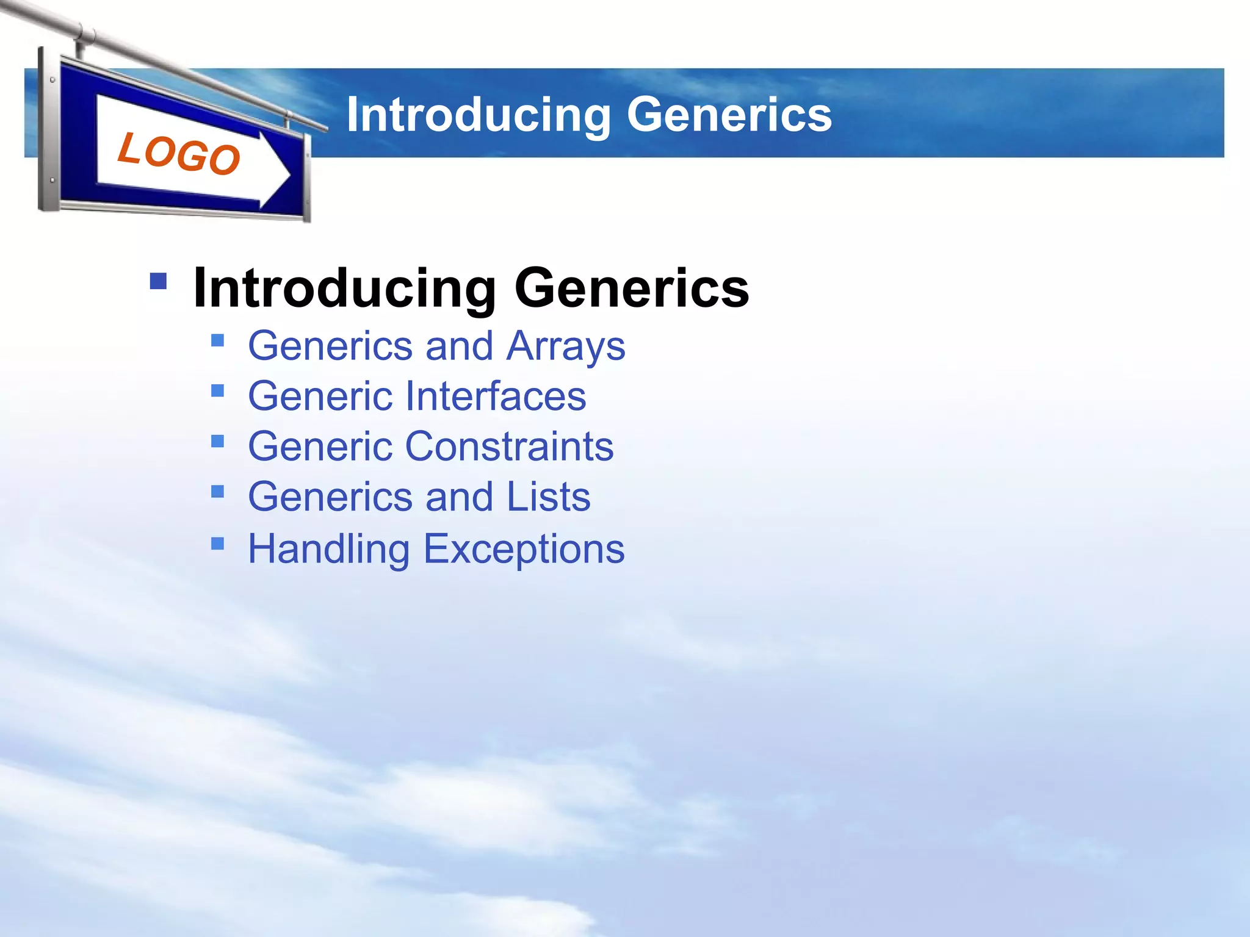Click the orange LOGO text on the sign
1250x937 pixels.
pyautogui.click(x=178, y=154)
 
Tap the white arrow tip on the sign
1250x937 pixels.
pyautogui.click(x=282, y=174)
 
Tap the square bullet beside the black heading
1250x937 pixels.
pyautogui.click(x=158, y=281)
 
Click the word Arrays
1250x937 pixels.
pyautogui.click(x=566, y=346)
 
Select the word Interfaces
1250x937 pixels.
pyautogui.click(x=495, y=397)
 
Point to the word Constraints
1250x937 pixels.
pyautogui.click(x=509, y=447)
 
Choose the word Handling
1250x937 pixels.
pyautogui.click(x=328, y=549)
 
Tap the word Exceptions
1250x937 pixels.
pyautogui.click(x=524, y=549)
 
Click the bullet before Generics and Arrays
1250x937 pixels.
pyautogui.click(x=217, y=340)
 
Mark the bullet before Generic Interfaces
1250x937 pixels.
pyautogui.click(x=217, y=390)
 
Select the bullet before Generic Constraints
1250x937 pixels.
pyautogui.click(x=217, y=440)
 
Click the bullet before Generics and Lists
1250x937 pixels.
pyautogui.click(x=217, y=491)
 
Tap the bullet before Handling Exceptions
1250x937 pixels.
pyautogui.click(x=217, y=543)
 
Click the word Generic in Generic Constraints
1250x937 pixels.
pyautogui.click(x=320, y=447)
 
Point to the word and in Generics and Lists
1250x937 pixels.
pyautogui.click(x=459, y=497)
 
